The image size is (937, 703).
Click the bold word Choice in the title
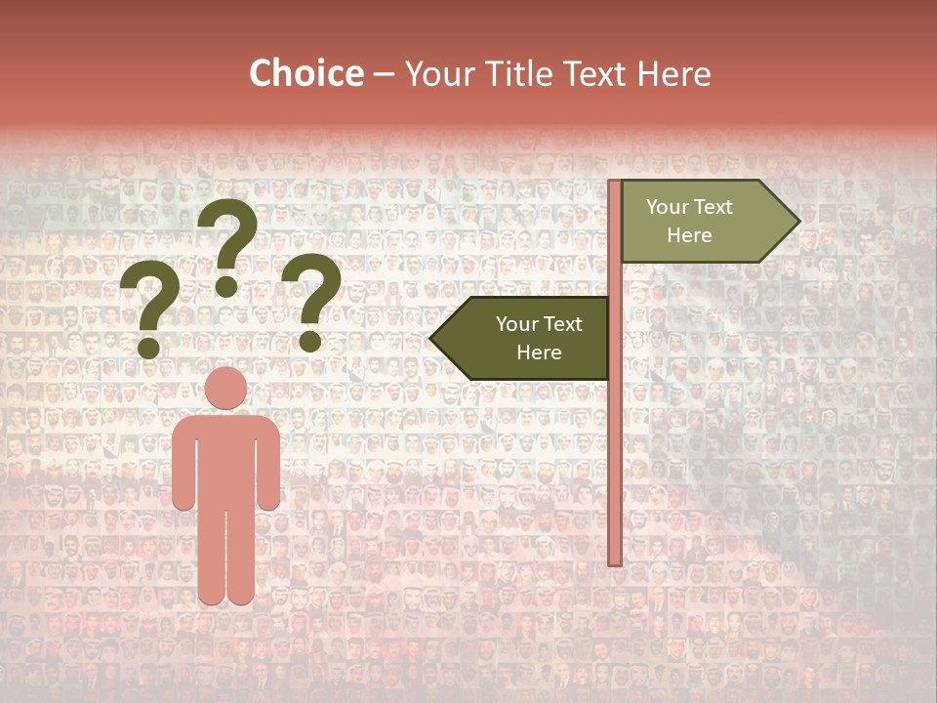306,74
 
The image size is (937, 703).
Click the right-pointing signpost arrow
708,222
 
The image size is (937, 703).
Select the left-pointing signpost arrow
522,338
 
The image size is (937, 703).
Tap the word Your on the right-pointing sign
668,207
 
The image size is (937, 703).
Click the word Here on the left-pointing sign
539,352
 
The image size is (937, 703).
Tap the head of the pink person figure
226,388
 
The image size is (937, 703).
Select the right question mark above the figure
312,298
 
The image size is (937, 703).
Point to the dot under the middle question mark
226,286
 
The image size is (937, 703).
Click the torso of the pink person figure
226,459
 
